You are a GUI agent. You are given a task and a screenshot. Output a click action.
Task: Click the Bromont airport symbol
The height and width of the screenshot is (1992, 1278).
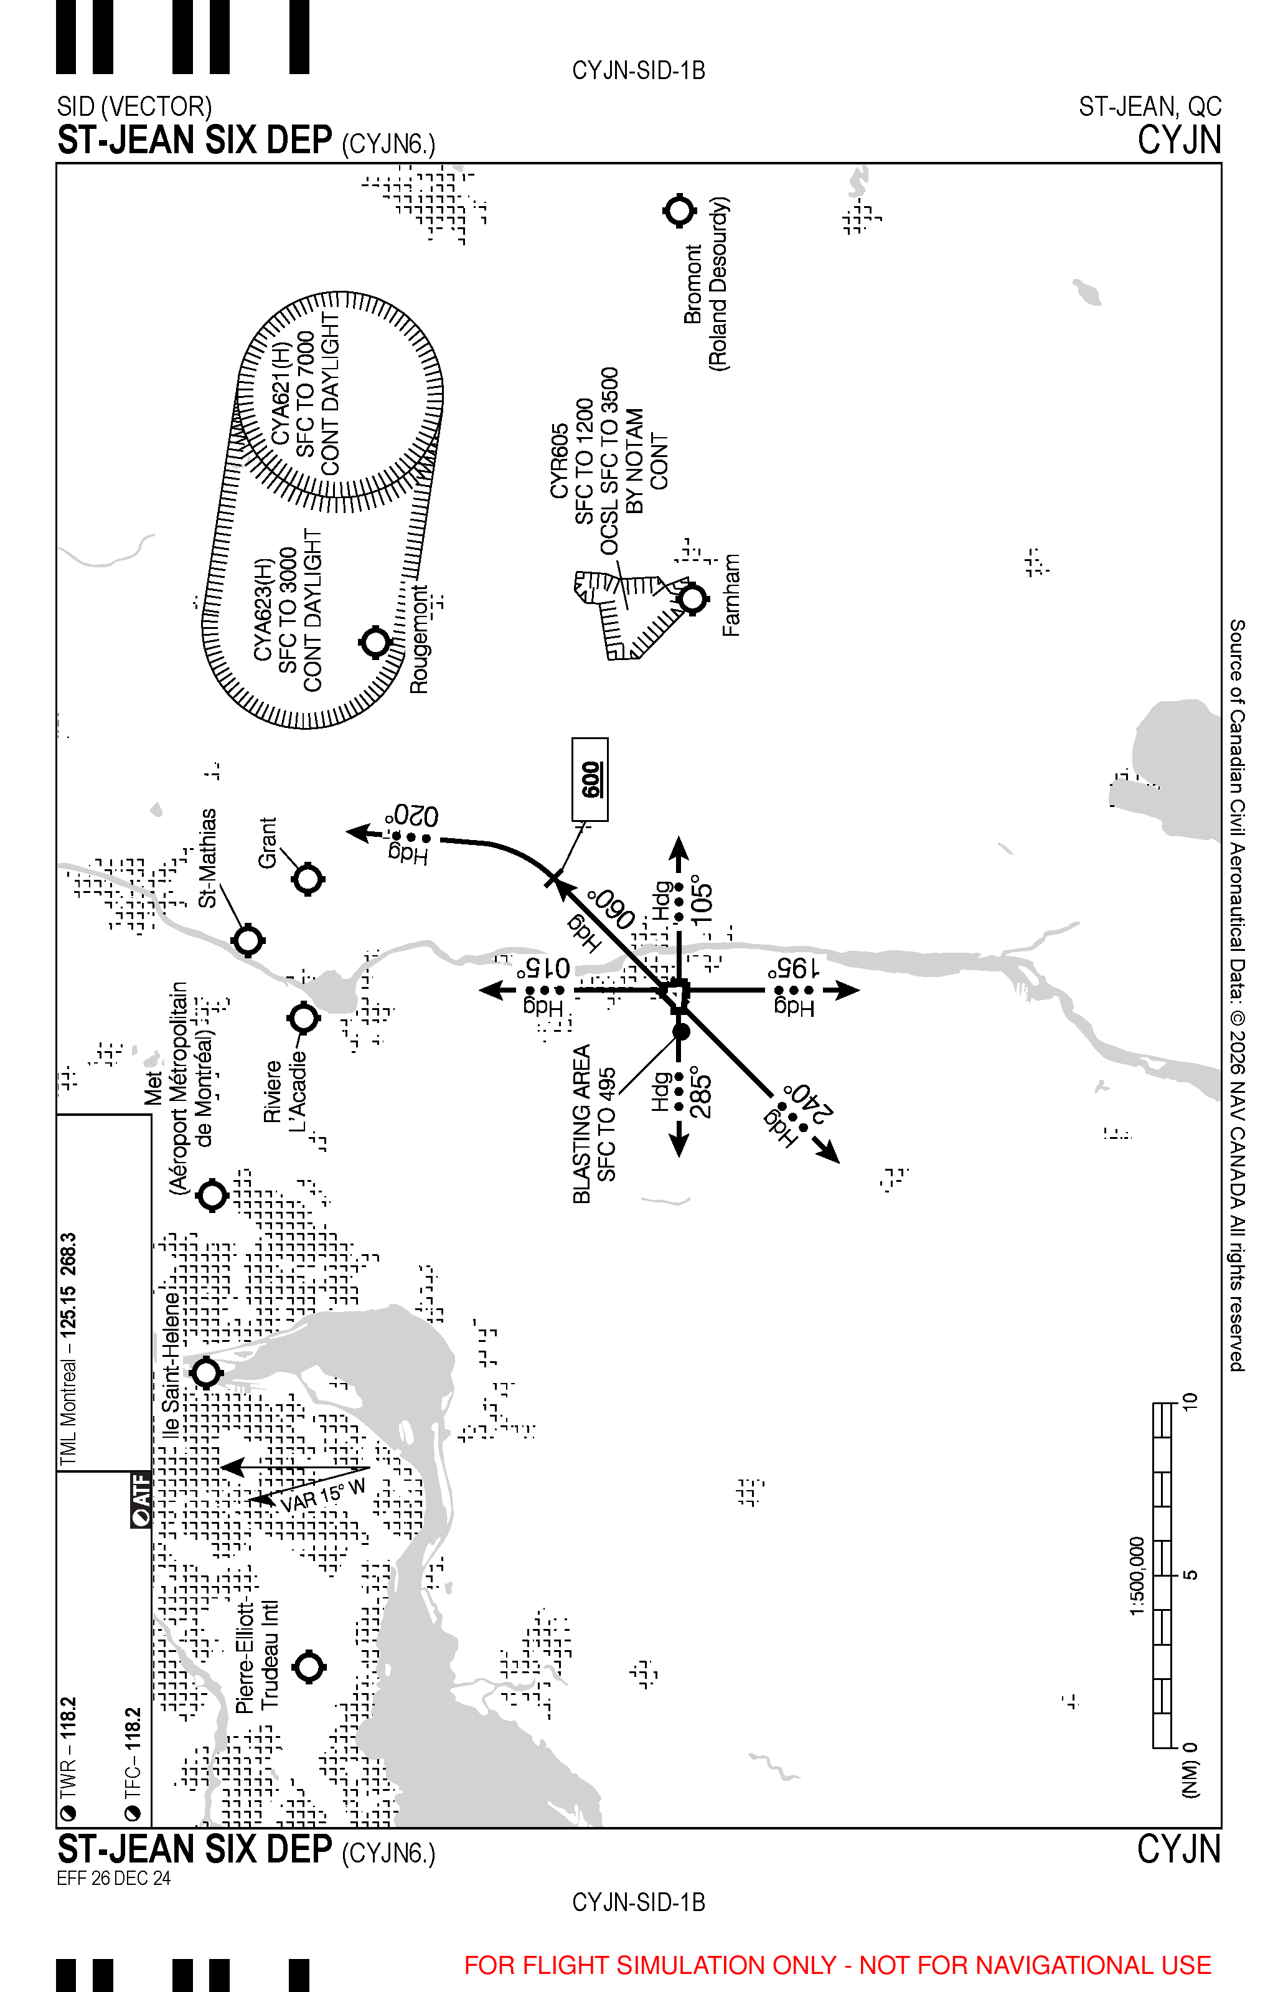[680, 211]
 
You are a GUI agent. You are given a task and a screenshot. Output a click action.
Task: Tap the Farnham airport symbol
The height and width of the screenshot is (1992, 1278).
[692, 598]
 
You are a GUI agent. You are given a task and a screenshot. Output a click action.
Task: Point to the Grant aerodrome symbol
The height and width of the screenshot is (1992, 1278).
[308, 879]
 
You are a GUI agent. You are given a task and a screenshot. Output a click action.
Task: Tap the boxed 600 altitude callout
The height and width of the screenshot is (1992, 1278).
[590, 780]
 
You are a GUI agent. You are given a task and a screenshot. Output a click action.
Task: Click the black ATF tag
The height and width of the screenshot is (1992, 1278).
[142, 1499]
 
